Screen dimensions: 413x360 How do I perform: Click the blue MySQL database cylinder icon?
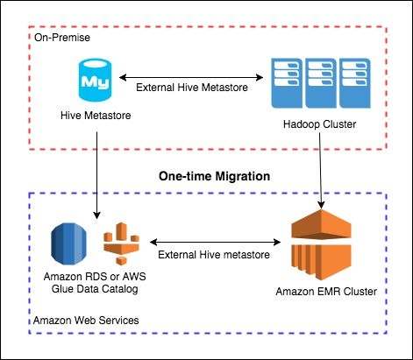tap(95, 80)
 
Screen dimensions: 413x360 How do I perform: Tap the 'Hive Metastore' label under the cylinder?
tap(96, 116)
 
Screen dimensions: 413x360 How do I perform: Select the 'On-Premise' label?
tap(62, 38)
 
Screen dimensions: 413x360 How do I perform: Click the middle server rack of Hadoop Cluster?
tap(321, 83)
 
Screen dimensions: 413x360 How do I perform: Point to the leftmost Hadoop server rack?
tap(287, 83)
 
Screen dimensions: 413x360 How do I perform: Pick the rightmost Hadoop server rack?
tap(355, 83)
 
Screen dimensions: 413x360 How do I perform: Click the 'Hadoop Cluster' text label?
tap(319, 124)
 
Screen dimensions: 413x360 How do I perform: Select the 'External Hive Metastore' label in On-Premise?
tap(192, 88)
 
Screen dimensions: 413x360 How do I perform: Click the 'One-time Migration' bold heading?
tap(214, 176)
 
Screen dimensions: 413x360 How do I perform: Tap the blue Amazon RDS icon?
tap(68, 244)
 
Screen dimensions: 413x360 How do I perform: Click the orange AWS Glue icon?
tap(121, 244)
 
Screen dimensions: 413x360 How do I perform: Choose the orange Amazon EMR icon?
tap(321, 244)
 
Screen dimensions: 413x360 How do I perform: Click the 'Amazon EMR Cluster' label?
tap(326, 292)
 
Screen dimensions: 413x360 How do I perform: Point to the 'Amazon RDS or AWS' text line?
tap(95, 277)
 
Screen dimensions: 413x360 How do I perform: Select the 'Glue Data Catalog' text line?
tap(95, 289)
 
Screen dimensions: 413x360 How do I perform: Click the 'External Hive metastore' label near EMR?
tap(214, 255)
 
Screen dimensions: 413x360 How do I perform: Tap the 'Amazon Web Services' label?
tap(86, 321)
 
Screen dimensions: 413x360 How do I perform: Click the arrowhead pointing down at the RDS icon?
tap(96, 215)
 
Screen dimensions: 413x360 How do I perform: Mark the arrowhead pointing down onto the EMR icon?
tap(321, 205)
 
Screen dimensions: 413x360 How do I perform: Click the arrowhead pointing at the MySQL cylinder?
tap(123, 77)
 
